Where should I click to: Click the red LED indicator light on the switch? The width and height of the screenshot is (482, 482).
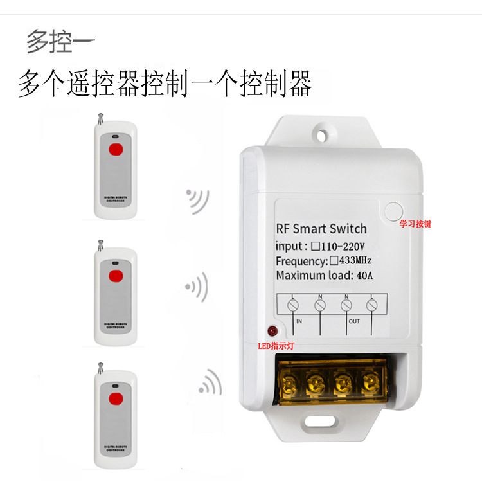272,331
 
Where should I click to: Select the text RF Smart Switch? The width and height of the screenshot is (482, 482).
321,229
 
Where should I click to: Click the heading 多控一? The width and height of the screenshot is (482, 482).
60,42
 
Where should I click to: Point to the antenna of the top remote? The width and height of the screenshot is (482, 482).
99,119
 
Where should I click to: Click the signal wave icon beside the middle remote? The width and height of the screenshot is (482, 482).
197,285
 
